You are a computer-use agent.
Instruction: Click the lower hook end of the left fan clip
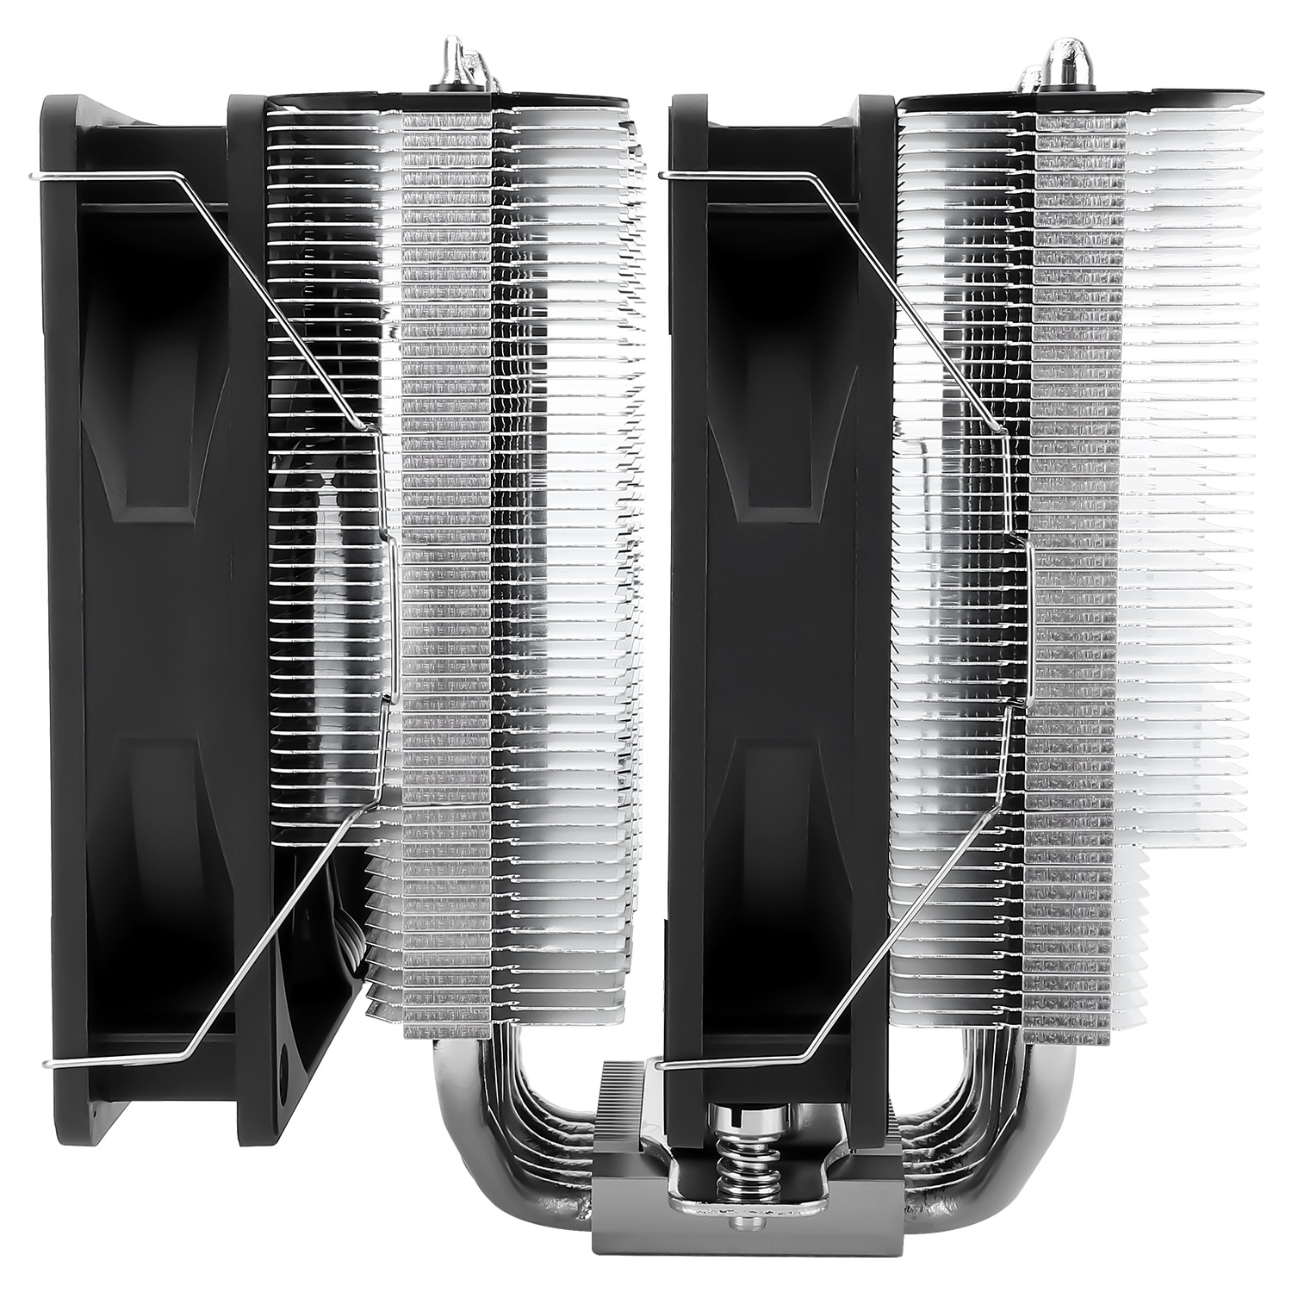(48, 1065)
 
